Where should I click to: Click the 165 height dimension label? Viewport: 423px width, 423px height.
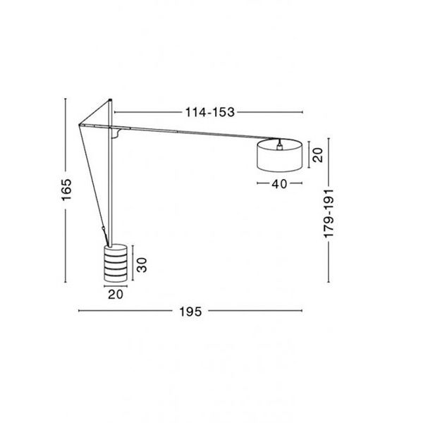click(66, 190)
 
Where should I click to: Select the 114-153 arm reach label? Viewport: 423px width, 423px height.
click(210, 112)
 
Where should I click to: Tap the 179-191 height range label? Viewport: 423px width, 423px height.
click(329, 214)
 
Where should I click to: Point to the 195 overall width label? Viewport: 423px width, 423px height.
click(190, 312)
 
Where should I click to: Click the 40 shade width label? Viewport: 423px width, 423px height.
click(279, 184)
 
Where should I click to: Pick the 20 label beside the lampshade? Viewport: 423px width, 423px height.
click(317, 155)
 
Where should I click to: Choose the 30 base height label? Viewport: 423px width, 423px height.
click(142, 265)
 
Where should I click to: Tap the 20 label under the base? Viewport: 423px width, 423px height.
click(116, 294)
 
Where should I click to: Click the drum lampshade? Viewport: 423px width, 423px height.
click(279, 155)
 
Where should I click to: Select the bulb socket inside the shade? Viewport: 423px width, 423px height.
click(279, 146)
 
